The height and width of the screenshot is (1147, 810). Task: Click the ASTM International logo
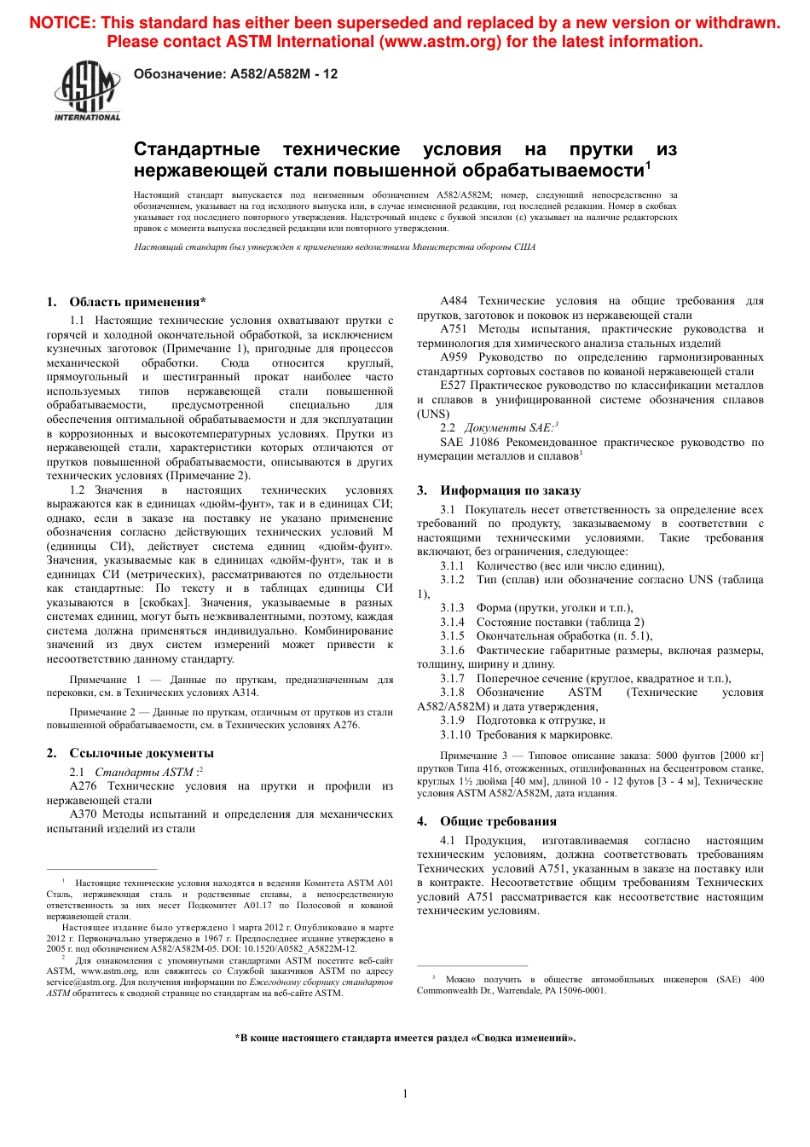coord(87,91)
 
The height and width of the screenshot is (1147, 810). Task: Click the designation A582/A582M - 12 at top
coord(235,74)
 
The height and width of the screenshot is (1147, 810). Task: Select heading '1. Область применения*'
coord(126,302)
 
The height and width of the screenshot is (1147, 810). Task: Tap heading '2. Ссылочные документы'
coord(130,753)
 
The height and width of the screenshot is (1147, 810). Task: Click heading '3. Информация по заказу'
coord(499,490)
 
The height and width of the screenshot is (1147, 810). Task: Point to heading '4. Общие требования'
coord(487,821)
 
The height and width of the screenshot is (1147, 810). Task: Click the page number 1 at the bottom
coord(405,1093)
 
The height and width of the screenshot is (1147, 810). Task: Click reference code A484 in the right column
coord(454,301)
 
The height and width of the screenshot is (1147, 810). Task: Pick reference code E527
coord(453,385)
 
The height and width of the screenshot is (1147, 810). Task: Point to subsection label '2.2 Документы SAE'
coord(499,428)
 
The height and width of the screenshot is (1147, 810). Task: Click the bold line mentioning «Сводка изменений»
coord(405,1038)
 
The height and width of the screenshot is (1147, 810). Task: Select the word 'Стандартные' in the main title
coord(197,150)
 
